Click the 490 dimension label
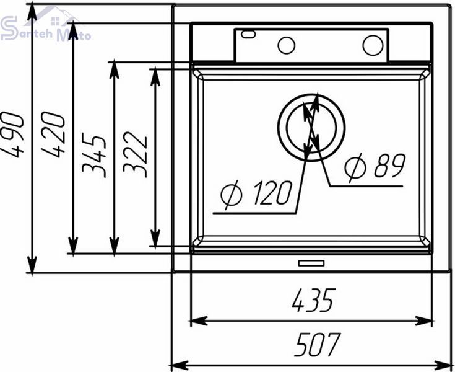(x=12, y=135)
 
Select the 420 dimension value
(x=53, y=135)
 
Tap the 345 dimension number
(x=94, y=155)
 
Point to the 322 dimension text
(x=135, y=154)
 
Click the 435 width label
(x=314, y=300)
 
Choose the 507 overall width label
(x=317, y=345)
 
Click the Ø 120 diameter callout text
(x=256, y=193)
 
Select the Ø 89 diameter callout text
(x=375, y=166)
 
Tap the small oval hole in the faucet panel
(x=248, y=34)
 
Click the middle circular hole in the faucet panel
(x=287, y=45)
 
